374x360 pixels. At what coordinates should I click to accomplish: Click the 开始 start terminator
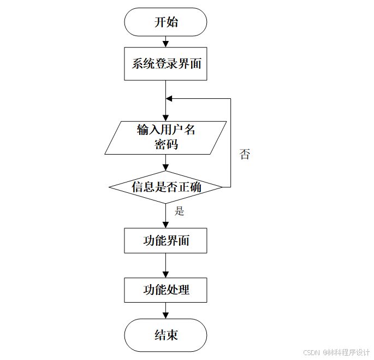pyautogui.click(x=165, y=22)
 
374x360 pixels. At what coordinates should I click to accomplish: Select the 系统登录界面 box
pyautogui.click(x=165, y=64)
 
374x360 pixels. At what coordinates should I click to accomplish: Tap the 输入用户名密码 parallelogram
pyautogui.click(x=165, y=137)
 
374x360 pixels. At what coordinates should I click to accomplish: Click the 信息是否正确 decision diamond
pyautogui.click(x=165, y=187)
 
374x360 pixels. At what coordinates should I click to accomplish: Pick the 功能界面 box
pyautogui.click(x=165, y=240)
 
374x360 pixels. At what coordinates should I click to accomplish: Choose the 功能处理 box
pyautogui.click(x=165, y=290)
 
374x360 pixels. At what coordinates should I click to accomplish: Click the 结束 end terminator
pyautogui.click(x=165, y=335)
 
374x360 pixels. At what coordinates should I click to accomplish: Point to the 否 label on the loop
pyautogui.click(x=245, y=154)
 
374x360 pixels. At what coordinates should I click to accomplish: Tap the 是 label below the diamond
pyautogui.click(x=180, y=211)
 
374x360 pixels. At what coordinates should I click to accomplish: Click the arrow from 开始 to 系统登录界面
pyautogui.click(x=165, y=42)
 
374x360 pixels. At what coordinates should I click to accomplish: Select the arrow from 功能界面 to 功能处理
pyautogui.click(x=165, y=266)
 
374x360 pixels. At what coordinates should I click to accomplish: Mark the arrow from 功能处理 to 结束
pyautogui.click(x=165, y=311)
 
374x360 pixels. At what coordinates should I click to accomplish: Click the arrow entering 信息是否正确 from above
pyautogui.click(x=165, y=163)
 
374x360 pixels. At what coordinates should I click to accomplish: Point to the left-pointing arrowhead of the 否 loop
pyautogui.click(x=169, y=99)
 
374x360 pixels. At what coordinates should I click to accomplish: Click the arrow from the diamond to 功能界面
pyautogui.click(x=165, y=216)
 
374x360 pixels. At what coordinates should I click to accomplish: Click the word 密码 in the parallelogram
pyautogui.click(x=165, y=145)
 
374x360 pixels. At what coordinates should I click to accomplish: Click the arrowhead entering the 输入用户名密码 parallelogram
pyautogui.click(x=165, y=117)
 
